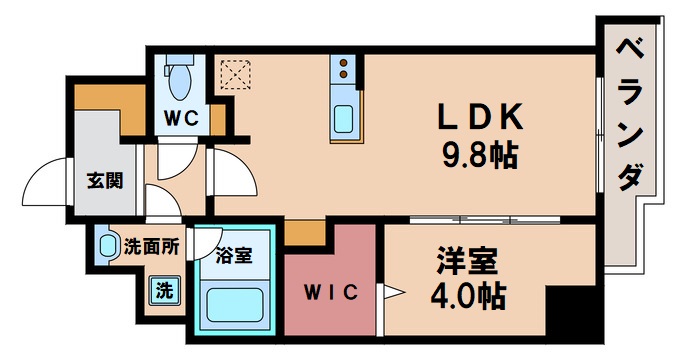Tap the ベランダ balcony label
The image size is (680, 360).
[x=628, y=115]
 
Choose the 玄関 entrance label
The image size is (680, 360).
[x=104, y=181]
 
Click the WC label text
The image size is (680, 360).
[x=181, y=117]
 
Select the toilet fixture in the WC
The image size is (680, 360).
[x=181, y=74]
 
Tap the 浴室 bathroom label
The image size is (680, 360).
[x=234, y=255]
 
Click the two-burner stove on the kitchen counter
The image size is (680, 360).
[x=345, y=69]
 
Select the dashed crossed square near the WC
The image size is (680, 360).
[x=236, y=74]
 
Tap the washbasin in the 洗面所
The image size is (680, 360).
[x=108, y=245]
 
